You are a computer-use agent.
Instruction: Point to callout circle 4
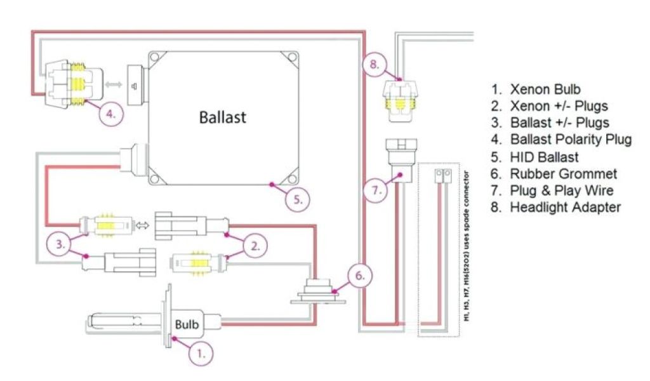click(110, 115)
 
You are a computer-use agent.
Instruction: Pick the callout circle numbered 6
click(359, 276)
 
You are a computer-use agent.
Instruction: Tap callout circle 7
click(376, 190)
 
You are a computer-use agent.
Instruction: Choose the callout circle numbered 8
click(374, 64)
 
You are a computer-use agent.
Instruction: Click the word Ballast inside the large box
click(222, 117)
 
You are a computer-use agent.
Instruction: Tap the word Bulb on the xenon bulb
click(187, 325)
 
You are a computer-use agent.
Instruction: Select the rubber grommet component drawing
click(317, 293)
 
